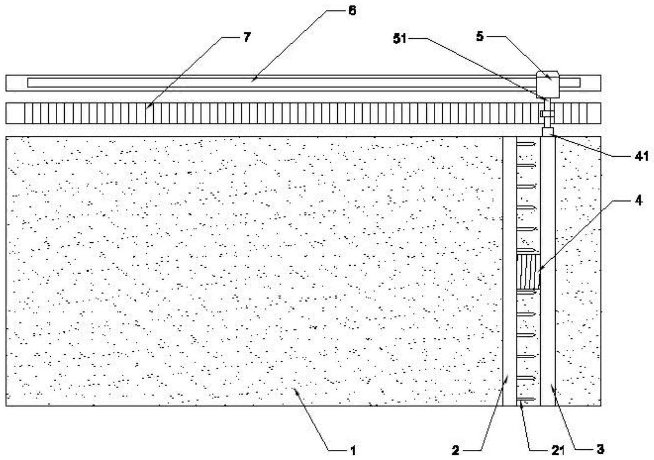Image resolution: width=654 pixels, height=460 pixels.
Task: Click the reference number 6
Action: [352, 11]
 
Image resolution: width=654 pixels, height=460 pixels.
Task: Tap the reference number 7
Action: [247, 37]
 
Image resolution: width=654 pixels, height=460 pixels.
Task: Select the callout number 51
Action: [400, 39]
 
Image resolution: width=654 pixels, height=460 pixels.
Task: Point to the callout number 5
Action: [480, 37]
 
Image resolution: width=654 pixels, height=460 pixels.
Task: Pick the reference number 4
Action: [639, 201]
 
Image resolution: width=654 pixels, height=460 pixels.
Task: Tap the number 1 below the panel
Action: [353, 450]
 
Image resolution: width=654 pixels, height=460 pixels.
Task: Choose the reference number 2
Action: [455, 451]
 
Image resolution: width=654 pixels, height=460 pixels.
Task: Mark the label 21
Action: [557, 451]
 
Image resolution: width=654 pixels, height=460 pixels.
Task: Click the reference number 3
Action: [600, 449]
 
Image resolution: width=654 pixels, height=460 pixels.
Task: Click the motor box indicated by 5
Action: [548, 85]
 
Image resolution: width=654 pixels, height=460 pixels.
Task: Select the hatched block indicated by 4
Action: [528, 272]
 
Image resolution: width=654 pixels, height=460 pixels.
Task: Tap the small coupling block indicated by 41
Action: [548, 132]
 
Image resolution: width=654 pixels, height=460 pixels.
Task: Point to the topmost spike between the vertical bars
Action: [527, 144]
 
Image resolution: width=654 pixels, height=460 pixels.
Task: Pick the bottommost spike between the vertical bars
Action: [527, 399]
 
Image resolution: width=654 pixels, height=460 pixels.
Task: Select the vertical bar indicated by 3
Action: [548, 271]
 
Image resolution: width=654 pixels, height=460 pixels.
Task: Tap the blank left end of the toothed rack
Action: [15, 113]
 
